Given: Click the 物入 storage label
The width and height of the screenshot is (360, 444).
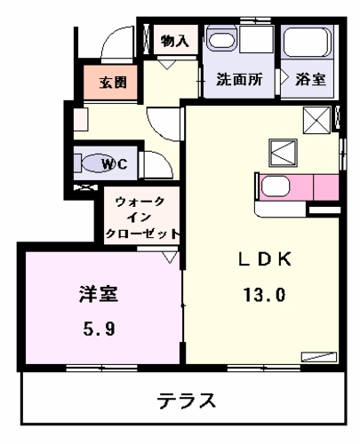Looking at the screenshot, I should [x=174, y=40].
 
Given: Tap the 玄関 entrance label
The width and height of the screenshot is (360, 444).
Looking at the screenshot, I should [x=112, y=83].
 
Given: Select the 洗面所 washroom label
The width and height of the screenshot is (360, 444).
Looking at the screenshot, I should [x=240, y=79].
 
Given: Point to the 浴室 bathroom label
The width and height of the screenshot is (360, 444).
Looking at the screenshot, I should [x=310, y=79].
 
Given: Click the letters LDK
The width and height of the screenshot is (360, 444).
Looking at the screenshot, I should [x=260, y=258].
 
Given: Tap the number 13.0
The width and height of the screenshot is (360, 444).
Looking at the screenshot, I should [x=260, y=295].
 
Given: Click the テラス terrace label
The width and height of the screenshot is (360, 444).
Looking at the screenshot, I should [x=188, y=400].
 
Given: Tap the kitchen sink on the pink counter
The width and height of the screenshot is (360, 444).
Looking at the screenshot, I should [x=275, y=186].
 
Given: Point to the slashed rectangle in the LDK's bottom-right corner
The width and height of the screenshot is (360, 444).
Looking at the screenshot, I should [x=315, y=357].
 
